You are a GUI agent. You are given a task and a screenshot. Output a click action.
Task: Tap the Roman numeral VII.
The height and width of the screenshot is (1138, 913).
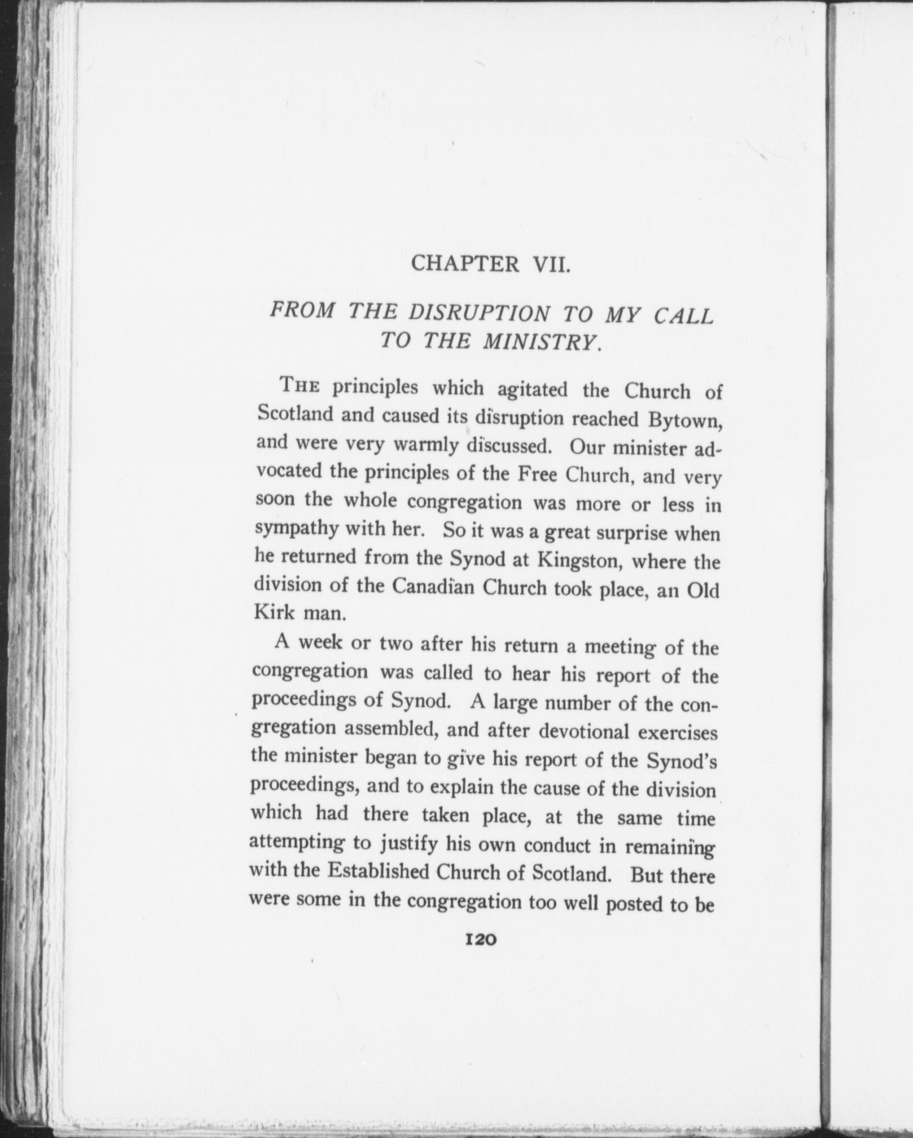[x=552, y=265]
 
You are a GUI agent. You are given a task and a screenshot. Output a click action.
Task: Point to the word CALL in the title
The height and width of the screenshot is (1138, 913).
[x=684, y=316]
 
